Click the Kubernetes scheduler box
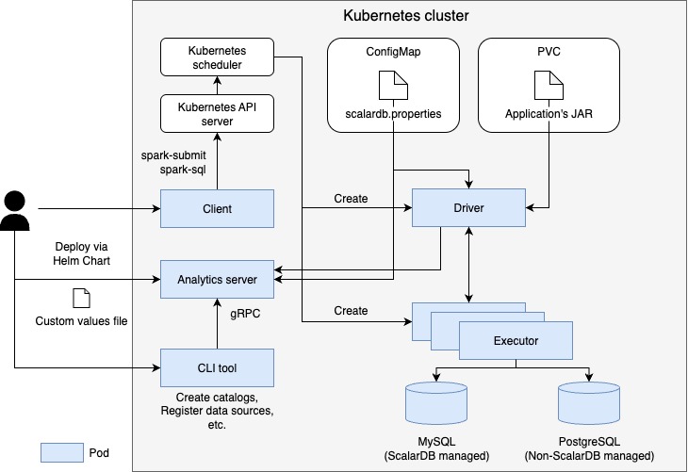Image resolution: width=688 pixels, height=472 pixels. click(x=217, y=57)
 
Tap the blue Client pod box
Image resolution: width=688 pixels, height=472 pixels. click(x=217, y=208)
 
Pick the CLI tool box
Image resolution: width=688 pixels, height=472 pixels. click(x=217, y=366)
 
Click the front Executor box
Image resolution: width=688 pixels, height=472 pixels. click(x=516, y=339)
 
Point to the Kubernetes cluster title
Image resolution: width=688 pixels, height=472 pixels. click(x=405, y=16)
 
